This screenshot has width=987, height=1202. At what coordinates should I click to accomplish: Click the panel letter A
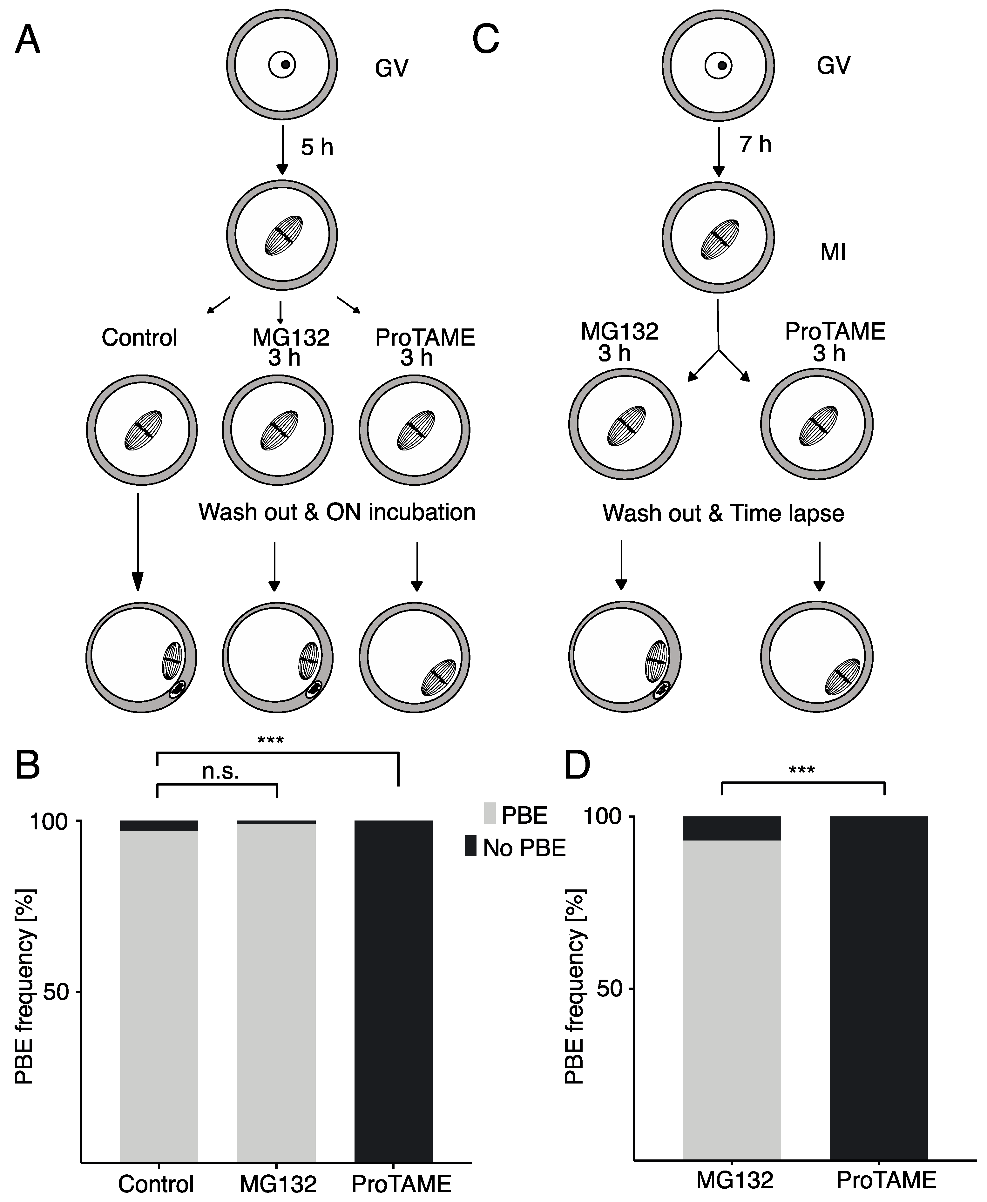pyautogui.click(x=27, y=41)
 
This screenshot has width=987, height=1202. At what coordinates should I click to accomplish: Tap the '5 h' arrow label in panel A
pyautogui.click(x=317, y=148)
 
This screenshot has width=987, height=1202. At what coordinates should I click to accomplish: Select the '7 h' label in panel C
pyautogui.click(x=755, y=145)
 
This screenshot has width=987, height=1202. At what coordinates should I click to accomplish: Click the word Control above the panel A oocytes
pyautogui.click(x=139, y=338)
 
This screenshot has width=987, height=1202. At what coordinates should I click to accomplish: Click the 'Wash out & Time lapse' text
pyautogui.click(x=723, y=513)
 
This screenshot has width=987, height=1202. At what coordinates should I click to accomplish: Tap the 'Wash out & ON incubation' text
pyautogui.click(x=337, y=512)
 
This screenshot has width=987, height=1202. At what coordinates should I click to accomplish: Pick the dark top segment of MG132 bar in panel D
pyautogui.click(x=732, y=828)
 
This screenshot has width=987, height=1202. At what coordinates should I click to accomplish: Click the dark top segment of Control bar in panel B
pyautogui.click(x=159, y=826)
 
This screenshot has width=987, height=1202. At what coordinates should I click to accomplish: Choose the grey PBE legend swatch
pyautogui.click(x=490, y=814)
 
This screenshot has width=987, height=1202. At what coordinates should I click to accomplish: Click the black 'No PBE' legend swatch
pyautogui.click(x=471, y=846)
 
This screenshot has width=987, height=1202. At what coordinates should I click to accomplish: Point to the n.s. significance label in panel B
pyautogui.click(x=220, y=772)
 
